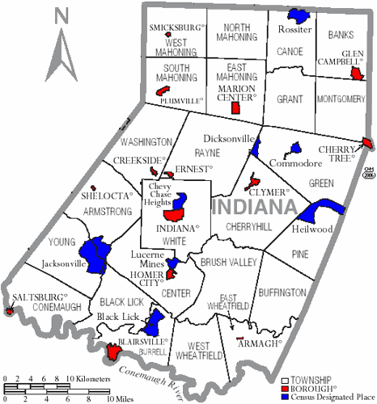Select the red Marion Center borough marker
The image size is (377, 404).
236,107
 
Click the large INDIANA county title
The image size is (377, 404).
252,207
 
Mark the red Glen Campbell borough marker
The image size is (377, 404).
356,74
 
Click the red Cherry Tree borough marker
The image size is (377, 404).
367,143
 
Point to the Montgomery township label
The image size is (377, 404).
340,99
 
